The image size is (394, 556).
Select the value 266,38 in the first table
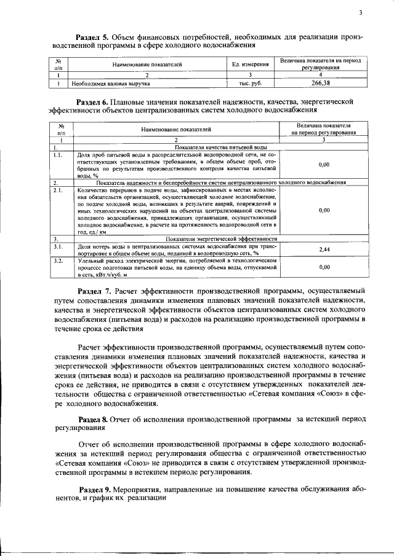click(321, 82)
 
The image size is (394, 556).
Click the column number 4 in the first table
click(321, 74)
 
